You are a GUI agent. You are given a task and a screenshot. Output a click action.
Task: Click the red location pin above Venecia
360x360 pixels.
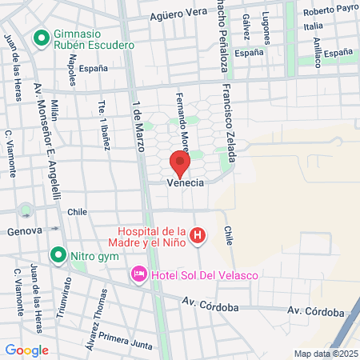point(180,165)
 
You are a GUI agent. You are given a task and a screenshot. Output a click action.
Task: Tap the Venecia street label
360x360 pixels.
point(186,183)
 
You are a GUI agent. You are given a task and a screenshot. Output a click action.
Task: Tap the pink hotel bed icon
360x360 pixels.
point(138,275)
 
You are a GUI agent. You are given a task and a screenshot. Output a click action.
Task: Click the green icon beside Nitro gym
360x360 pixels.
point(58,256)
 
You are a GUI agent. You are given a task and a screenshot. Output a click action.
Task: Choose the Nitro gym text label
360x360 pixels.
point(94,256)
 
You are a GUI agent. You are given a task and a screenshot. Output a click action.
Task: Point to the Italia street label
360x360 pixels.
point(314,26)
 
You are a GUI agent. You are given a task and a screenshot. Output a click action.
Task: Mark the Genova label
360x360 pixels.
point(20,231)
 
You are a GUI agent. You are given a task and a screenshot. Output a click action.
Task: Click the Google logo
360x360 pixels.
point(26,350)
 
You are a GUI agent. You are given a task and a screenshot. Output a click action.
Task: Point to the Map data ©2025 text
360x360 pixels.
point(325,354)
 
